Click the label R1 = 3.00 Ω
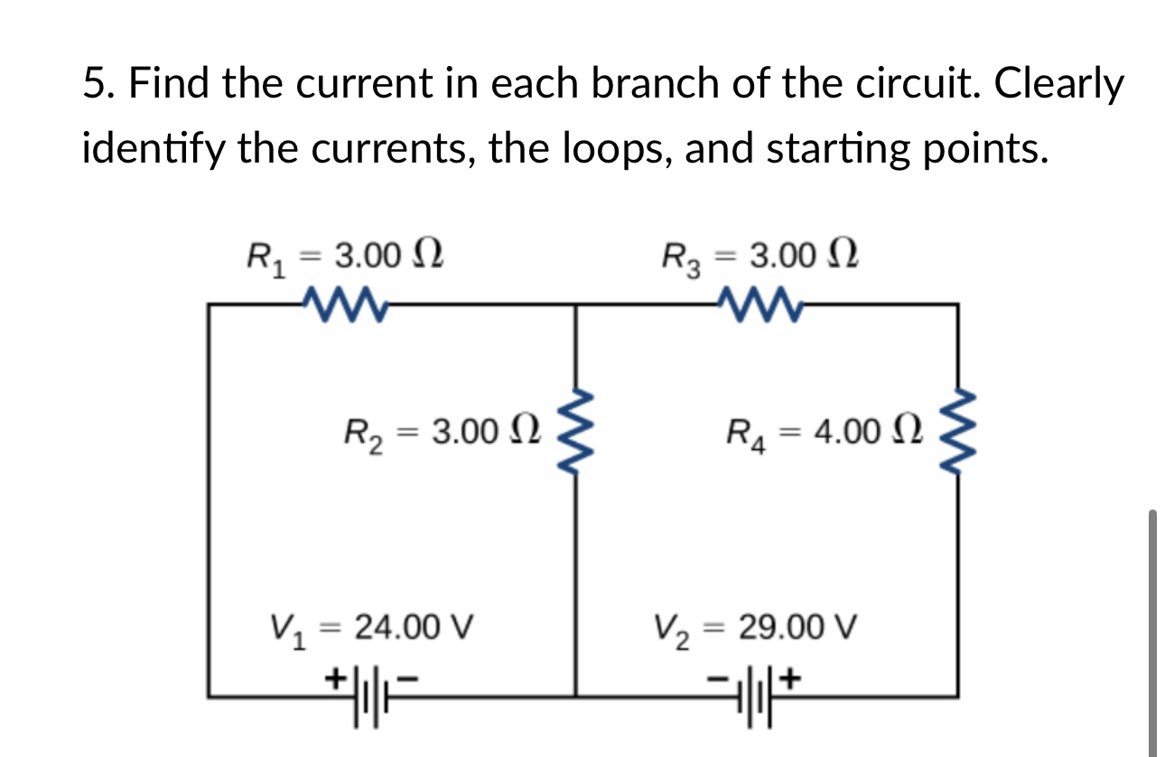tap(344, 256)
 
